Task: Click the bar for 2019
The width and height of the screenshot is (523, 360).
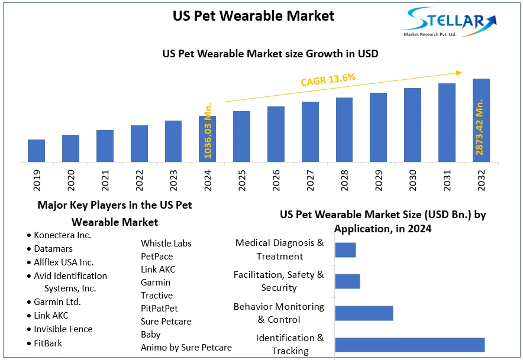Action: tap(36, 151)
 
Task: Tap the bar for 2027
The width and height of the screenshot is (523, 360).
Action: tap(310, 132)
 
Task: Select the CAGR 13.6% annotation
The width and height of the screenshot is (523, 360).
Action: tap(328, 79)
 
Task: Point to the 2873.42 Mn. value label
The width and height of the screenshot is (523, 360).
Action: tap(480, 128)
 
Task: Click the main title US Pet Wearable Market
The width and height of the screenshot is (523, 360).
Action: tap(253, 15)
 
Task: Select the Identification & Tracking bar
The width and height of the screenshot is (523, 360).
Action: tap(409, 345)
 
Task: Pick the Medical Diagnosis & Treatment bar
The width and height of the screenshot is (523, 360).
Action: tap(345, 250)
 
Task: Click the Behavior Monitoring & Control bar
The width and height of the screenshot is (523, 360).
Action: tap(364, 313)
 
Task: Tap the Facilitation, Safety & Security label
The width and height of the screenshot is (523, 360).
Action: tap(279, 281)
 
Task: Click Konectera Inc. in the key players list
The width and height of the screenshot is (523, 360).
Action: tap(63, 235)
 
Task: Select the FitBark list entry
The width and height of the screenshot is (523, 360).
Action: tap(48, 343)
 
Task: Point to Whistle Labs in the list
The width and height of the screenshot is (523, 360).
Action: tap(166, 243)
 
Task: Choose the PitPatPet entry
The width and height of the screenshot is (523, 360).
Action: tap(159, 308)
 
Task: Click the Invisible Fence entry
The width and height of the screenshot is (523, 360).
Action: tap(63, 329)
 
